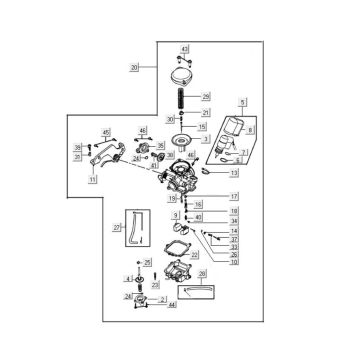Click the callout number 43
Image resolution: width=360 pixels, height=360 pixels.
tap(184, 48)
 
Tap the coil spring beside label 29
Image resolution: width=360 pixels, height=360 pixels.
tap(183, 98)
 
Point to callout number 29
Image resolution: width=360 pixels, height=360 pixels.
tap(206, 96)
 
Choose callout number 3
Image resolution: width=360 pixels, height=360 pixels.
tap(206, 139)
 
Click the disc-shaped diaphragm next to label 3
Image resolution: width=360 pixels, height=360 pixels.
tap(182, 139)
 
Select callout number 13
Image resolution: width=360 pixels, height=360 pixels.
tap(234, 173)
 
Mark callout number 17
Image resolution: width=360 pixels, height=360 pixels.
tap(234, 196)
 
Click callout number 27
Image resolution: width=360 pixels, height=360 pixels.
tap(116, 229)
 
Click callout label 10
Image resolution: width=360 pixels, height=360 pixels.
tap(234, 262)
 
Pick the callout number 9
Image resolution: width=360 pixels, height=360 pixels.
tap(176, 214)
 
